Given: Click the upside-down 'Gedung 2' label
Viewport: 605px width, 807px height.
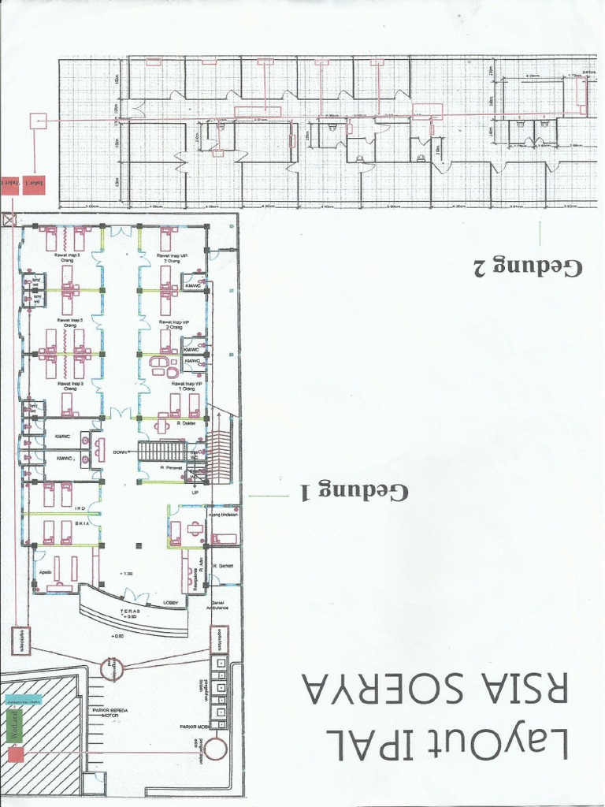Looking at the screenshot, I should pos(527,265).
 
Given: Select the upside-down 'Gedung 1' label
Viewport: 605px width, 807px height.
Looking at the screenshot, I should pos(354,490).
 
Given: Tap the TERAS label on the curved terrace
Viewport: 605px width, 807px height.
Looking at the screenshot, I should pos(131,611).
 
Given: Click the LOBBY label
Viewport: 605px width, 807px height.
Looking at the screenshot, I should pos(171,603).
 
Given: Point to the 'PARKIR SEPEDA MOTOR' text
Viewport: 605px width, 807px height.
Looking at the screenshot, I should pos(115,713).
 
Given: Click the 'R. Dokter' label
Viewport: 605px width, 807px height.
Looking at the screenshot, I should pos(186,423).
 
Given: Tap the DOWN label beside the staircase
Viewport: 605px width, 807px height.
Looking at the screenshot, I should pos(121,452).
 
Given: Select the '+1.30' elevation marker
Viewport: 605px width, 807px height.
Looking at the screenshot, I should pos(124,572).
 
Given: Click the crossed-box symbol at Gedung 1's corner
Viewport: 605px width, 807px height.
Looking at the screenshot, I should pos(9,221).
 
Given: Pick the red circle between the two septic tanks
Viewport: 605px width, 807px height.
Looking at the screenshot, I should pos(111,670).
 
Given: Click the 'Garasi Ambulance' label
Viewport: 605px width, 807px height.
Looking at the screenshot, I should pos(218,605).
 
